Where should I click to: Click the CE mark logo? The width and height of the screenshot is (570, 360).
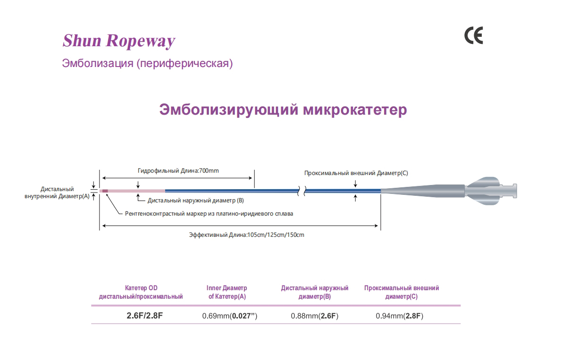pyautogui.click(x=474, y=35)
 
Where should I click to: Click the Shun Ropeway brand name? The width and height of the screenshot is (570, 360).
pyautogui.click(x=119, y=41)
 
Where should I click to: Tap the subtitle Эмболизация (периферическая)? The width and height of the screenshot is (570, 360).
pyautogui.click(x=147, y=63)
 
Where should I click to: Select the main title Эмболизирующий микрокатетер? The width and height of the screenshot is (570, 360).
pyautogui.click(x=283, y=109)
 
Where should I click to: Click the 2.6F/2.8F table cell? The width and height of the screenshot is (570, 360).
pyautogui.click(x=144, y=316)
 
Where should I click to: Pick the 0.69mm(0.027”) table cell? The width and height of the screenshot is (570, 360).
pyautogui.click(x=230, y=316)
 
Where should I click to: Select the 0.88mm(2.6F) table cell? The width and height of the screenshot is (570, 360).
pyautogui.click(x=315, y=316)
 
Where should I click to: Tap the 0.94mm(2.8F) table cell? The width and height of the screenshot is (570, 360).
pyautogui.click(x=400, y=316)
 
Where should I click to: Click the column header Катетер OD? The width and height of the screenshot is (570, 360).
pyautogui.click(x=141, y=288)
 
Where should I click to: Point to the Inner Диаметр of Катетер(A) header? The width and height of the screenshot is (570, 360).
pyautogui.click(x=227, y=292)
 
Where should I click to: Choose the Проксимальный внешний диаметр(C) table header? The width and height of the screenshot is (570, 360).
pyautogui.click(x=402, y=292)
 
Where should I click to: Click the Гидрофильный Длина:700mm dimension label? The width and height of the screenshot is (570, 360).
pyautogui.click(x=178, y=171)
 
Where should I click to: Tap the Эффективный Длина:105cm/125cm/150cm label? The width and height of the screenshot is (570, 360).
pyautogui.click(x=246, y=235)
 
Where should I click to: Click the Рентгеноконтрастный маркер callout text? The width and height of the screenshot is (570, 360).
pyautogui.click(x=209, y=214)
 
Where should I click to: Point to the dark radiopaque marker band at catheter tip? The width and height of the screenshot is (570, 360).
pyautogui.click(x=105, y=191)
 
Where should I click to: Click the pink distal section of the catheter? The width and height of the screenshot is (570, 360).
pyautogui.click(x=136, y=191)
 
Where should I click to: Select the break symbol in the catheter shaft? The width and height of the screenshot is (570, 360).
pyautogui.click(x=302, y=191)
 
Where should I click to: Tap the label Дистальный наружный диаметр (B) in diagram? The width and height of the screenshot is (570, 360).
pyautogui.click(x=196, y=201)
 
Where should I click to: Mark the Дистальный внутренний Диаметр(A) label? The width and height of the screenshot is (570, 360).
pyautogui.click(x=57, y=193)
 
